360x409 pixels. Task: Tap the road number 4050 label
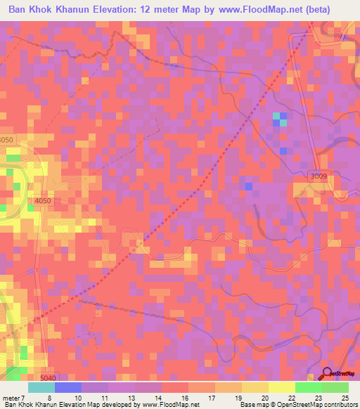[x=42, y=202]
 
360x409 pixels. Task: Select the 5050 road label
[x=6, y=141]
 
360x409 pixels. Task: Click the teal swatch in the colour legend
[x=41, y=388]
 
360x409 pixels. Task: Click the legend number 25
[x=345, y=398]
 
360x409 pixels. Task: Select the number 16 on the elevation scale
[x=185, y=398]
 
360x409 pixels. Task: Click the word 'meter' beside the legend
[x=12, y=398]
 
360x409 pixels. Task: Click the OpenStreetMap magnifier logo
[x=328, y=375]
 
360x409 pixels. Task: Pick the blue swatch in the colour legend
[x=68, y=388]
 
